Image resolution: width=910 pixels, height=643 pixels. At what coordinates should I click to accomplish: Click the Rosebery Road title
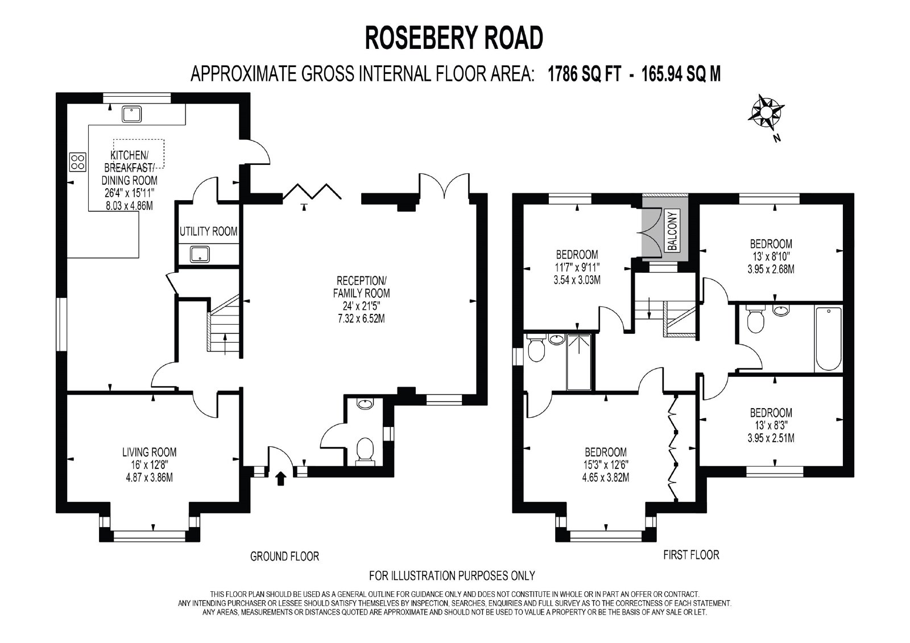tap(454, 38)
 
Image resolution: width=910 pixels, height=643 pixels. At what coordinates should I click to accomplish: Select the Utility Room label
tap(208, 231)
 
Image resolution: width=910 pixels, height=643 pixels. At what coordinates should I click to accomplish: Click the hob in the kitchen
tap(77, 161)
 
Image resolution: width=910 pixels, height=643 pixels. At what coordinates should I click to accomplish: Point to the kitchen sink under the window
tap(131, 114)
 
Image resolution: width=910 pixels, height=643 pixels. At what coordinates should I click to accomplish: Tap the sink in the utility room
tap(200, 254)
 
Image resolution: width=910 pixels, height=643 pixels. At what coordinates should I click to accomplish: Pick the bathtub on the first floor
tap(829, 339)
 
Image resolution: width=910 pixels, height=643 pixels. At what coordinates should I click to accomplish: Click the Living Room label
tap(150, 452)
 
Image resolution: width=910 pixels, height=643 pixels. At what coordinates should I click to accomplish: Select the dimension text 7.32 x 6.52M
tap(361, 318)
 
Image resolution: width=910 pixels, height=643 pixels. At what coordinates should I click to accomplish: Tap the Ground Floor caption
tap(284, 556)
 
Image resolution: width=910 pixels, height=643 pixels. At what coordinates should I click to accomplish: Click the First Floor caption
tap(691, 555)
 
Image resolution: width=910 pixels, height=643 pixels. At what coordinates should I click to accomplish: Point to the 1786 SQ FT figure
tap(585, 74)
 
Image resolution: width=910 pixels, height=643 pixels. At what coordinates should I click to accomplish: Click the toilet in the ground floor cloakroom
tap(365, 451)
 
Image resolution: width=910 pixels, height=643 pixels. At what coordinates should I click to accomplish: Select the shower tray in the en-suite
tap(579, 362)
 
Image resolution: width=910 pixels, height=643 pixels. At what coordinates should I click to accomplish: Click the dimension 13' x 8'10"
tap(771, 257)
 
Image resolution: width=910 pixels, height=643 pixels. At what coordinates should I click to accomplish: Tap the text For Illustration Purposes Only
tap(452, 575)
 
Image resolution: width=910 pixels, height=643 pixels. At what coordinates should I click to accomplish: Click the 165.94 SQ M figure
tap(681, 74)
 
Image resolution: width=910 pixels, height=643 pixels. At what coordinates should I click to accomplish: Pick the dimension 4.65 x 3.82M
tap(606, 477)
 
